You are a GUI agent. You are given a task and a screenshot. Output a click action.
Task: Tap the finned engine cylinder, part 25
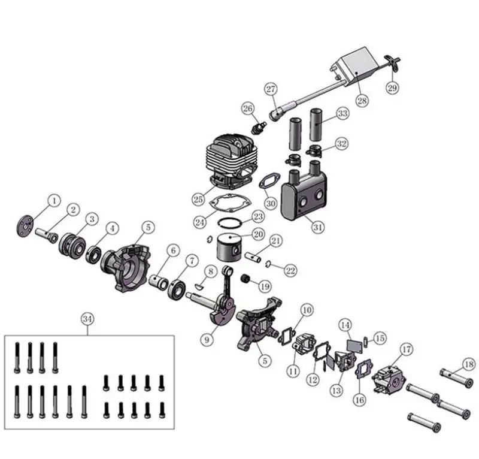231,160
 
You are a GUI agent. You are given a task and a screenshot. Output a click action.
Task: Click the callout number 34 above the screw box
87,319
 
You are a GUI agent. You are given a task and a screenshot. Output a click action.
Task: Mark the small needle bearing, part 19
244,279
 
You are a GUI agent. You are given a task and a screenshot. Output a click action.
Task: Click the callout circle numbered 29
392,89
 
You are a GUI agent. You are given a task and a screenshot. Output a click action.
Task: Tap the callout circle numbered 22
290,271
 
